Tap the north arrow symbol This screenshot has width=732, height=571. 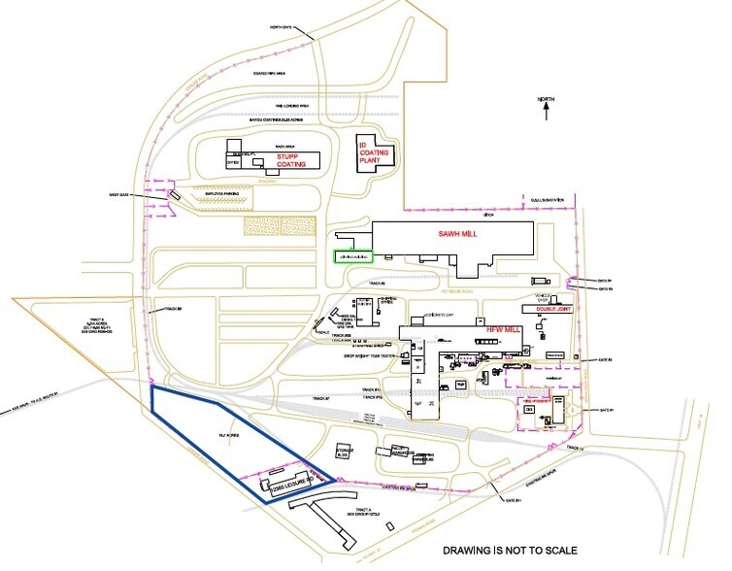[549, 112]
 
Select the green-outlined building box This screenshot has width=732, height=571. [353, 256]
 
